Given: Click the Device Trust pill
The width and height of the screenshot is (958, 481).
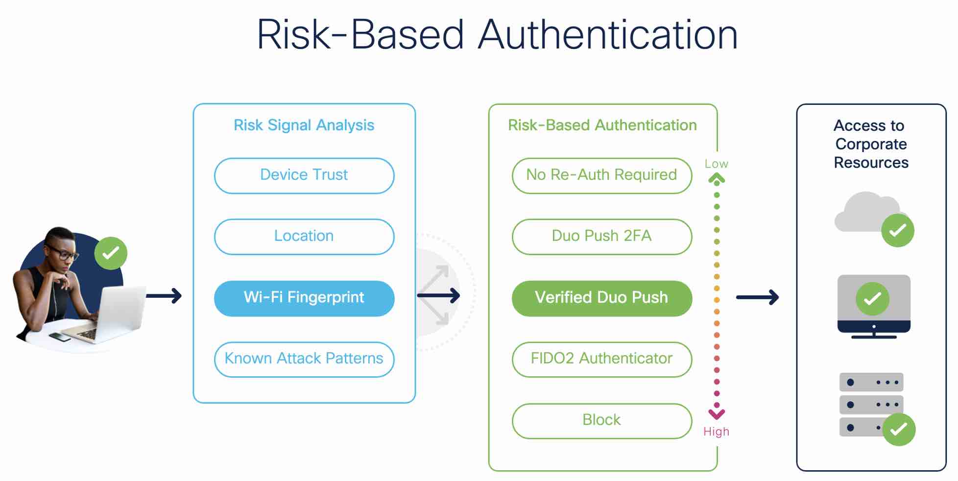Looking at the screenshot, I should pyautogui.click(x=304, y=175).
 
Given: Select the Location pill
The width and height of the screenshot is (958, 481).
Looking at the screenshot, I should pyautogui.click(x=304, y=237).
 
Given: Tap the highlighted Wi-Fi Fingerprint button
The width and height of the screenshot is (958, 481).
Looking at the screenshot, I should pyautogui.click(x=304, y=298).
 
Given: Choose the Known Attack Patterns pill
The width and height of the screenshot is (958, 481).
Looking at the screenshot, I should pyautogui.click(x=304, y=359).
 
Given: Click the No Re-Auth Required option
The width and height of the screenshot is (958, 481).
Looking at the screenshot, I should pyautogui.click(x=601, y=175).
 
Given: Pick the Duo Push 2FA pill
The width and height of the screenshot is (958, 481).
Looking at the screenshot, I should pyautogui.click(x=601, y=237).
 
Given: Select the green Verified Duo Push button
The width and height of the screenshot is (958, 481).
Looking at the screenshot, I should pyautogui.click(x=601, y=298).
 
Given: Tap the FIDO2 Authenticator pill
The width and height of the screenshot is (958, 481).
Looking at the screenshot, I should pyautogui.click(x=601, y=359).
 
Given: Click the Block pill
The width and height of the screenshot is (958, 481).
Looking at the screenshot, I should pyautogui.click(x=601, y=420).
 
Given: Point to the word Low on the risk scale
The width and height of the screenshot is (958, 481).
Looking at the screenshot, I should pyautogui.click(x=716, y=164).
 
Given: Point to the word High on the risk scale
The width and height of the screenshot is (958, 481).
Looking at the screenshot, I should pyautogui.click(x=716, y=432).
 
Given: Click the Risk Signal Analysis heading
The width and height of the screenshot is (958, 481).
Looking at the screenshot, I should pyautogui.click(x=304, y=125).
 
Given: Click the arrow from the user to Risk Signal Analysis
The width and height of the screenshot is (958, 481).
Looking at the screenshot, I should pyautogui.click(x=164, y=296).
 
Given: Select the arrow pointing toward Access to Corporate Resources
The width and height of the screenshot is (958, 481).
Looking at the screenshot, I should pyautogui.click(x=757, y=297).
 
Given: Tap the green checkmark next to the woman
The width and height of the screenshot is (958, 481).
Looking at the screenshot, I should pyautogui.click(x=111, y=253).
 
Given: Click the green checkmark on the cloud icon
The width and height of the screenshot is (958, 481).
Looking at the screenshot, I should pyautogui.click(x=897, y=230).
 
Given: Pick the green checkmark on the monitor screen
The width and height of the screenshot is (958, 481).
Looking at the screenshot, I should pyautogui.click(x=872, y=299).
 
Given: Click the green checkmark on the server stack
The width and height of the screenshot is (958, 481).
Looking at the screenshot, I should pyautogui.click(x=899, y=430).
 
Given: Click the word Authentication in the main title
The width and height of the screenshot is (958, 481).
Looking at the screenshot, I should pyautogui.click(x=607, y=35).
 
